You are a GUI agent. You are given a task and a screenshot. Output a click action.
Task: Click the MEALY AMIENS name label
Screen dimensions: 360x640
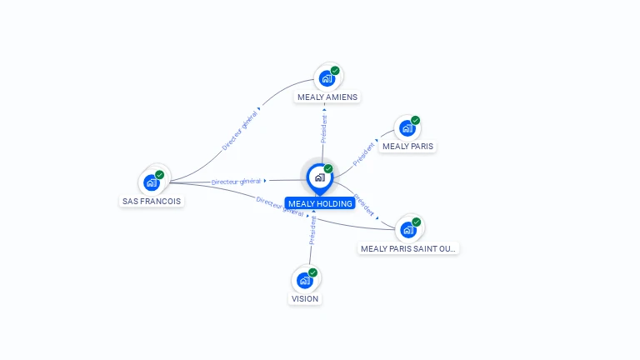point(327,97)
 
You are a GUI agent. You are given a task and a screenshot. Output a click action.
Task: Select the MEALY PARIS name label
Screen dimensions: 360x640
point(407,147)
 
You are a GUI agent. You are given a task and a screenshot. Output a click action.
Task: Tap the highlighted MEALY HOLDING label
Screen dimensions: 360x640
point(320,203)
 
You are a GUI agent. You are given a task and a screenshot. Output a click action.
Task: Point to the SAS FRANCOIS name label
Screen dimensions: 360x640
point(151,201)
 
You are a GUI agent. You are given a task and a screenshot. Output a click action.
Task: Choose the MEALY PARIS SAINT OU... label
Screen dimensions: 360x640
point(408,248)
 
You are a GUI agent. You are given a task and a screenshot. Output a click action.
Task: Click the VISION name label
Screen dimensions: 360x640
point(305,298)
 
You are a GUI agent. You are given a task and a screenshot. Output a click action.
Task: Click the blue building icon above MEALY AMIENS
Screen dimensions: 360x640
point(327,79)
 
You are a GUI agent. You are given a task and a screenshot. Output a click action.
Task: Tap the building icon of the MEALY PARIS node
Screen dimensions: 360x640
point(407,128)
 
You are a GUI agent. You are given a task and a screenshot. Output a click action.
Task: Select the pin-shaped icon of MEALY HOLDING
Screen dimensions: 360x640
point(319,177)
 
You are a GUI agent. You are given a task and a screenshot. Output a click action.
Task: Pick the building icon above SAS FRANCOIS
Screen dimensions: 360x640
point(151,182)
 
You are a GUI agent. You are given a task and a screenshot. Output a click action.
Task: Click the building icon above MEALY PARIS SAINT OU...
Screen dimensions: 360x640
point(407,230)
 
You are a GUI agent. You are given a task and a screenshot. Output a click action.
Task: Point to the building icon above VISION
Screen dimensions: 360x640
point(304,280)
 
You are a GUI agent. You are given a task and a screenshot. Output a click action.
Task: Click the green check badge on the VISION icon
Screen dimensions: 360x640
point(313,272)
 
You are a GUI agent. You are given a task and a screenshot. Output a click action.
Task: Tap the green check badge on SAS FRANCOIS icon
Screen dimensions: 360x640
point(160,175)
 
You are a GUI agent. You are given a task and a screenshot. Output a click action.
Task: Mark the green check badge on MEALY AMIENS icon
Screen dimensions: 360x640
point(335,71)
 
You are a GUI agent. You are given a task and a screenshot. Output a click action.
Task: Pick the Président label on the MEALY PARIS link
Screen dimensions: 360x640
point(364,154)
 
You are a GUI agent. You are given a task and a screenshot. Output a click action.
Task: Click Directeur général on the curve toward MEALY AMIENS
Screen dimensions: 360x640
point(239,130)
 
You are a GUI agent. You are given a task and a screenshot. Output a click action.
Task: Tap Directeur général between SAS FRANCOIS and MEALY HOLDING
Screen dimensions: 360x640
point(237,181)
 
